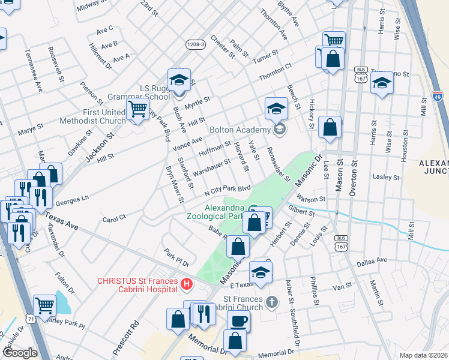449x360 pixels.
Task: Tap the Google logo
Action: tap(20, 353)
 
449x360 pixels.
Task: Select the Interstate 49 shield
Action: tap(438, 95)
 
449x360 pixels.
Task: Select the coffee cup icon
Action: tap(238, 321)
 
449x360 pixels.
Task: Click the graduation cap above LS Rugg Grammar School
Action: tap(179, 80)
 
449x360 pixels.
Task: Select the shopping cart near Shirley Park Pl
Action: tap(45, 305)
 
